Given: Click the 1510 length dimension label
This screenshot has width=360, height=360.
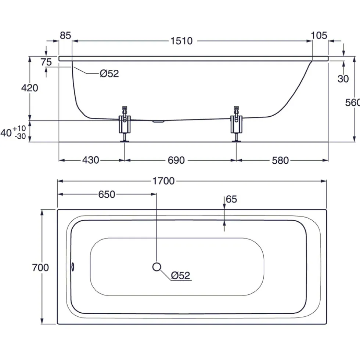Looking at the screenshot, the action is (x=181, y=41).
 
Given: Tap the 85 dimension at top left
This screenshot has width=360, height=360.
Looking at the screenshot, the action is (x=65, y=35).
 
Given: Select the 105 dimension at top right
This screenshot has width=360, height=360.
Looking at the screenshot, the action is (x=319, y=35).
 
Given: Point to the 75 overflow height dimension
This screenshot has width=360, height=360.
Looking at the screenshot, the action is (x=46, y=62).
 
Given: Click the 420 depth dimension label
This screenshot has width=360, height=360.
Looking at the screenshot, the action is (x=30, y=88).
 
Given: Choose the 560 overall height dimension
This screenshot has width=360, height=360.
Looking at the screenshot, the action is (x=353, y=103).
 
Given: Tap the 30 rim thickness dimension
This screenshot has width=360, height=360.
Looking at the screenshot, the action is (x=343, y=79).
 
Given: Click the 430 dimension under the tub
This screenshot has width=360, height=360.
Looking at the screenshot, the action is (x=91, y=160).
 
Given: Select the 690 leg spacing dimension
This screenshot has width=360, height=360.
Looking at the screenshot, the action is (x=176, y=160).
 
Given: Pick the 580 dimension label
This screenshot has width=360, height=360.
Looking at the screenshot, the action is (x=280, y=160).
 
